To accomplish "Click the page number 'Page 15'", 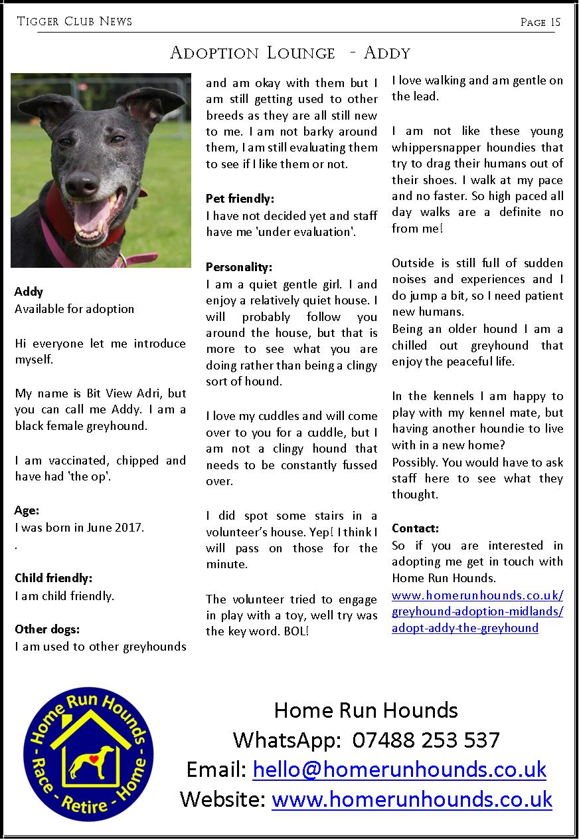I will pyautogui.click(x=540, y=23).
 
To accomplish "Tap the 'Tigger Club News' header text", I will pyautogui.click(x=74, y=21).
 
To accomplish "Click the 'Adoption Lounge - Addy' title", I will pyautogui.click(x=290, y=52).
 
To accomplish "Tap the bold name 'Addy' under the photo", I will pyautogui.click(x=29, y=292).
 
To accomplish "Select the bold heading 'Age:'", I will pyautogui.click(x=27, y=510).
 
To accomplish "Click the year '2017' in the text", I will pyautogui.click(x=131, y=528).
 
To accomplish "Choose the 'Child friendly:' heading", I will pyautogui.click(x=53, y=578).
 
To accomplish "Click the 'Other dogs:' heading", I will pyautogui.click(x=47, y=629).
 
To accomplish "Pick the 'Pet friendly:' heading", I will pyautogui.click(x=240, y=198).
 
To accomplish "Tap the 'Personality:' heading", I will pyautogui.click(x=239, y=267).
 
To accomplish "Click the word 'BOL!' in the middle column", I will pyautogui.click(x=295, y=631).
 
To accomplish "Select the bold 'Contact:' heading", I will pyautogui.click(x=416, y=528).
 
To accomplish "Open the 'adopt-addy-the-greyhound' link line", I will pyautogui.click(x=465, y=627).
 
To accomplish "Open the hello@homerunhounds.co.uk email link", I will pyautogui.click(x=399, y=769).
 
